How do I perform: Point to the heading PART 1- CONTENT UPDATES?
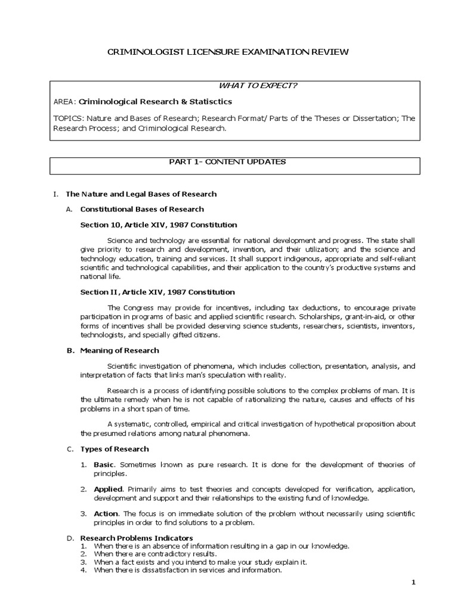pos(228,161)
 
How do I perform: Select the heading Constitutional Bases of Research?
pos(142,209)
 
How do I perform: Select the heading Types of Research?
pos(114,449)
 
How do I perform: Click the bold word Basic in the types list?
pos(103,465)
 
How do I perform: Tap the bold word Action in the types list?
pos(105,513)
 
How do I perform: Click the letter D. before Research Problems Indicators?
pos(69,538)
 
